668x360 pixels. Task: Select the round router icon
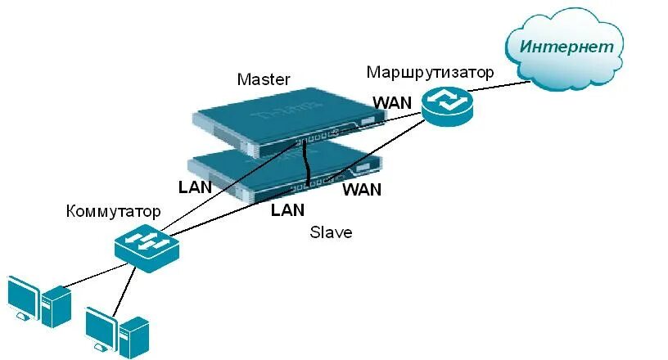click(x=448, y=107)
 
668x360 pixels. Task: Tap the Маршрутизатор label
click(x=430, y=73)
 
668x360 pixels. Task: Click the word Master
click(x=263, y=79)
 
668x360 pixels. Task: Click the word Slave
click(x=331, y=232)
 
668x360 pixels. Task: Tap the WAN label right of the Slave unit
click(x=362, y=190)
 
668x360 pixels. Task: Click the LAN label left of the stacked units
click(x=195, y=187)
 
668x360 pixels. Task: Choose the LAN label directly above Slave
click(x=287, y=210)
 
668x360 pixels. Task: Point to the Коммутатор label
click(x=113, y=212)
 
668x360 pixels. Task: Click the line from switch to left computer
click(x=90, y=275)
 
